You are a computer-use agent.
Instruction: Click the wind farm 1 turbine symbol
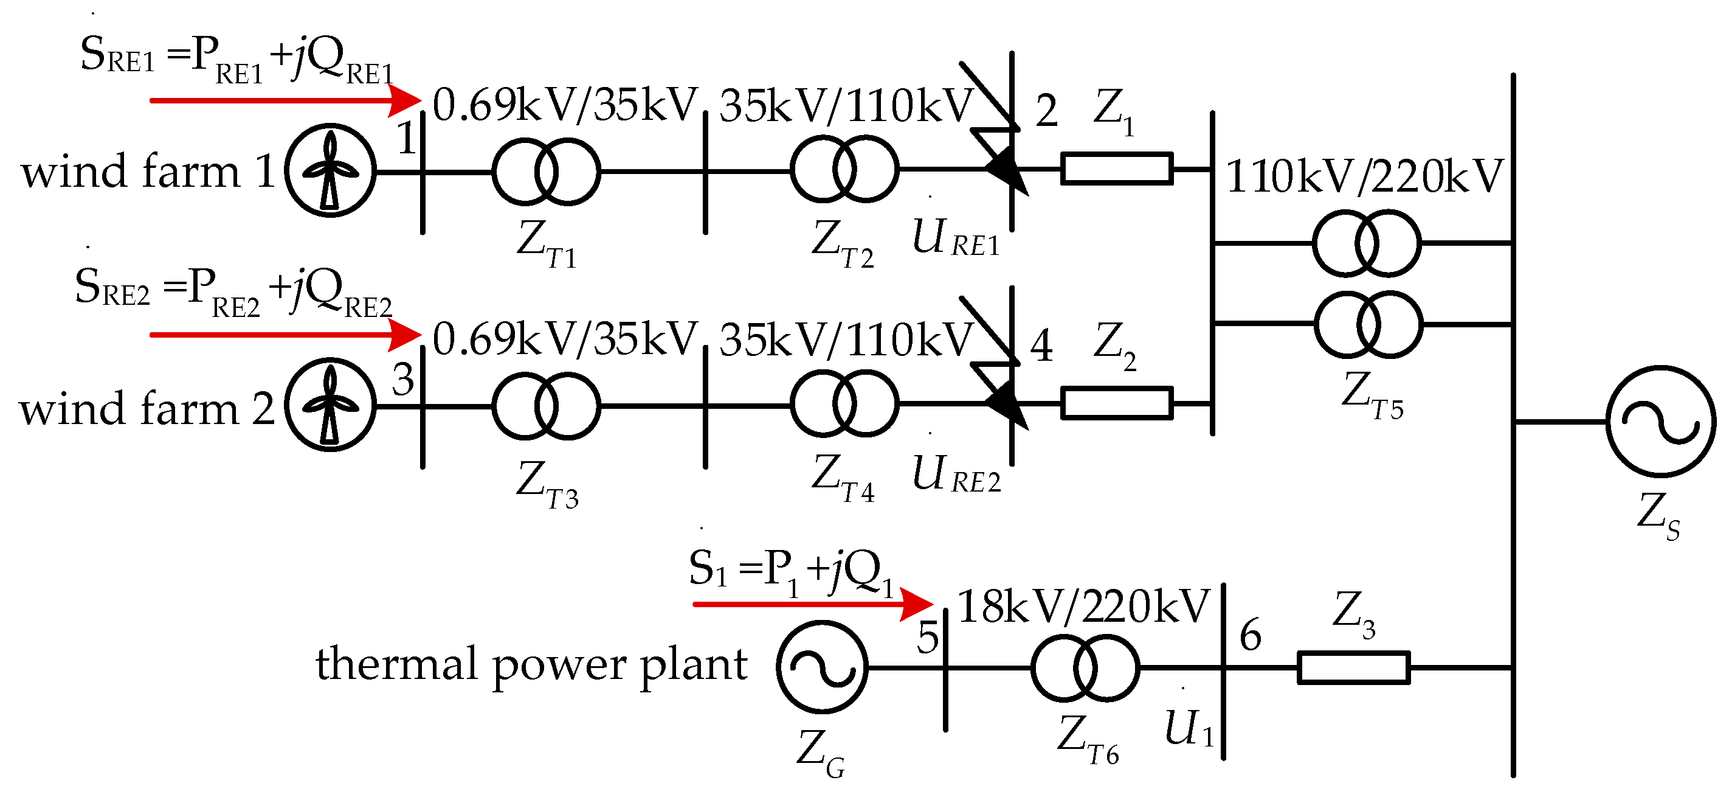(x=330, y=170)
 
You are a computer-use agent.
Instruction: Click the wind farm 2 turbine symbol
(x=330, y=405)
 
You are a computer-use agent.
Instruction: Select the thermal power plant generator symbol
(x=822, y=667)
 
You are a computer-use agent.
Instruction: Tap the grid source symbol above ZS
(x=1660, y=422)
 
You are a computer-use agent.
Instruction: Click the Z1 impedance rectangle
(x=1116, y=169)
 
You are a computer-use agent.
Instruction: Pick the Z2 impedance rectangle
(x=1116, y=403)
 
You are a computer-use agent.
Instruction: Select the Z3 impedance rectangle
(x=1353, y=667)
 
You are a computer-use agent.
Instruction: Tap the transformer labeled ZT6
(x=1085, y=667)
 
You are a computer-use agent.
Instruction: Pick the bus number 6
(x=1250, y=635)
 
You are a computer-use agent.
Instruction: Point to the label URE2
(x=956, y=474)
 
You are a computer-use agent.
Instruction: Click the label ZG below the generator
(x=820, y=751)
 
